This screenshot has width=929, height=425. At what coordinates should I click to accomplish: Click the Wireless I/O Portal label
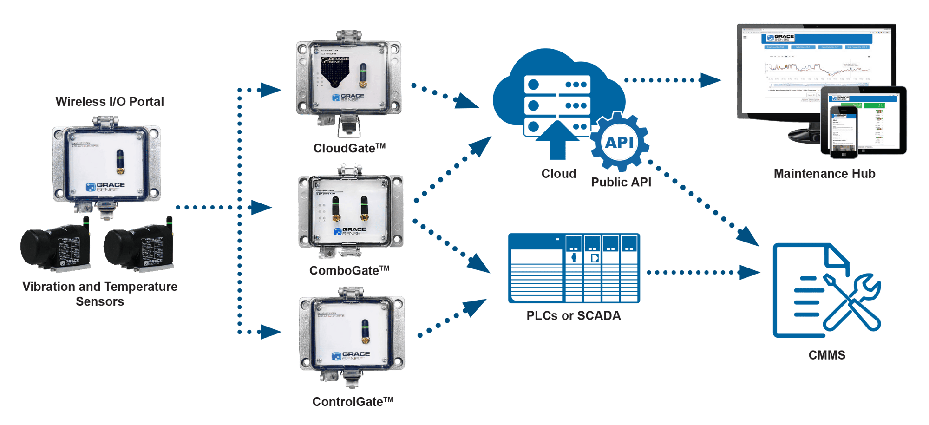click(110, 102)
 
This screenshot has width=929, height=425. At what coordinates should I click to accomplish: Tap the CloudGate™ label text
click(349, 148)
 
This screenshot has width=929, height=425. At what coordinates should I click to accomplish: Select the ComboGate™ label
click(349, 270)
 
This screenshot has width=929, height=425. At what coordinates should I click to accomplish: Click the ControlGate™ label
click(353, 401)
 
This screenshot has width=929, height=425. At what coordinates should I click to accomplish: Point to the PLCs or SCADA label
click(573, 316)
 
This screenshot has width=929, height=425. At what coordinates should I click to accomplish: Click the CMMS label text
click(827, 355)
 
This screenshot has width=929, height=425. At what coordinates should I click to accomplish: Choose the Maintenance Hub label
click(824, 174)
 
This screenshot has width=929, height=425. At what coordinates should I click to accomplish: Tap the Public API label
click(621, 182)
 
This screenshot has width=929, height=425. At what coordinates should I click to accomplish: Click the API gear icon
click(619, 142)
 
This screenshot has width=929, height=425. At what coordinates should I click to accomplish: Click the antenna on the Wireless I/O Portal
click(120, 161)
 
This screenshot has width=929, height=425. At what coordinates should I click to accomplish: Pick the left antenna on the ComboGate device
click(335, 208)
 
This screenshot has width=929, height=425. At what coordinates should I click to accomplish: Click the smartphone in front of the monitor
click(843, 132)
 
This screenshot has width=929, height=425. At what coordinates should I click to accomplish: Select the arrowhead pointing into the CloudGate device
click(271, 90)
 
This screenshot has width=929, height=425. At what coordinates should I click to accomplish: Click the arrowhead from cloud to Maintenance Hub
click(711, 80)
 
